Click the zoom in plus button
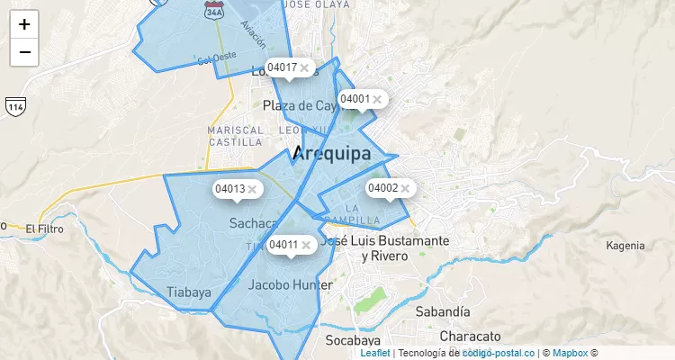[x=24, y=24]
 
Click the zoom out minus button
[x=24, y=52]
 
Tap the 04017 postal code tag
[x=283, y=67]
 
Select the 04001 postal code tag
[x=355, y=99]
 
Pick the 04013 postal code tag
[x=229, y=189]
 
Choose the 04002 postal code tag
[x=382, y=188]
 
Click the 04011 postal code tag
[x=283, y=245]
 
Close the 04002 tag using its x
[x=405, y=188]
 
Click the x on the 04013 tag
[x=253, y=189]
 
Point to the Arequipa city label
[x=331, y=154]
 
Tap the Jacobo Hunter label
[x=290, y=285]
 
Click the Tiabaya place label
[x=189, y=292]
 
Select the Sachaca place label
[x=253, y=222]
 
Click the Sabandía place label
[x=443, y=311]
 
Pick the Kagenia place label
[x=625, y=246]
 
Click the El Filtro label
[x=45, y=229]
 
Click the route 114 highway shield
[x=14, y=106]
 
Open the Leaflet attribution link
[x=375, y=353]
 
